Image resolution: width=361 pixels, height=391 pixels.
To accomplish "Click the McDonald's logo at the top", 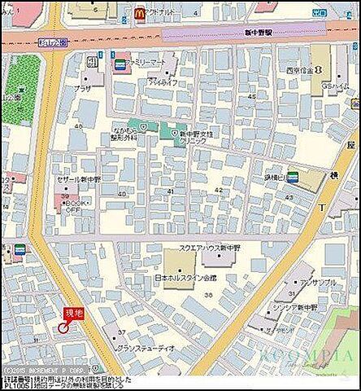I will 140,13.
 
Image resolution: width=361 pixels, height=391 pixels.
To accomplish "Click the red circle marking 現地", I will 63,327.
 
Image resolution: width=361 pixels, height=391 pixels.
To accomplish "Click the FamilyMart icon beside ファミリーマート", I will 120,63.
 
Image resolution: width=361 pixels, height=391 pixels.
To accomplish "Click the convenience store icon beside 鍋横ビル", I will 293,176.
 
